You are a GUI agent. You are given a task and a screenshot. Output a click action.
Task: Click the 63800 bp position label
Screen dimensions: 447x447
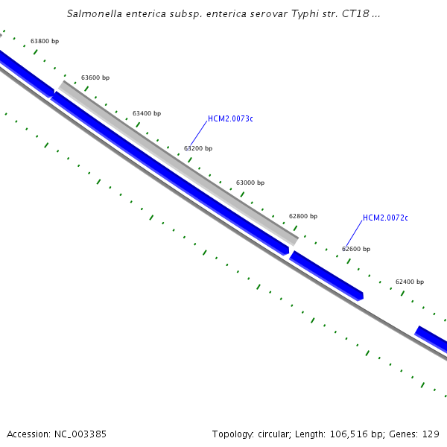click(45, 41)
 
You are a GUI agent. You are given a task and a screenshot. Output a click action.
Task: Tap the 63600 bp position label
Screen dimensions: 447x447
click(95, 77)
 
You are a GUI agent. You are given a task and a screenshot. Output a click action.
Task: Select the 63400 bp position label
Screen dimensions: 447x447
click(147, 113)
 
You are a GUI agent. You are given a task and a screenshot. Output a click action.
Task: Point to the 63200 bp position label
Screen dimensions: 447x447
click(198, 148)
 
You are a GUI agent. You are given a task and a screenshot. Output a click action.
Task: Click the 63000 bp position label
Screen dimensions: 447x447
click(250, 183)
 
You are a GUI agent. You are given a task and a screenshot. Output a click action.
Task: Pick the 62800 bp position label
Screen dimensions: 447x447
click(303, 216)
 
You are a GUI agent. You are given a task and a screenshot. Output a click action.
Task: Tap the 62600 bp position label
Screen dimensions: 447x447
click(356, 249)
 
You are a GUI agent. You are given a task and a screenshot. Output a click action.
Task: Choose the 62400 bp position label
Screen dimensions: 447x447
click(410, 282)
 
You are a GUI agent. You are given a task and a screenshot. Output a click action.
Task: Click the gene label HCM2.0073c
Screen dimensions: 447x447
click(230, 118)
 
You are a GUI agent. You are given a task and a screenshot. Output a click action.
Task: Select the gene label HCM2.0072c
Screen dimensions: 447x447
click(385, 218)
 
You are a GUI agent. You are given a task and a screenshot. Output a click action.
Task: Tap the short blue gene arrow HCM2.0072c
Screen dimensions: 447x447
click(326, 276)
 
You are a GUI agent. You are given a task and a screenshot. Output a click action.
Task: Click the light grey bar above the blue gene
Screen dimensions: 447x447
click(179, 161)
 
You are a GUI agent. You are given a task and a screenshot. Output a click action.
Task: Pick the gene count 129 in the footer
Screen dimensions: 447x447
click(431, 434)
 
